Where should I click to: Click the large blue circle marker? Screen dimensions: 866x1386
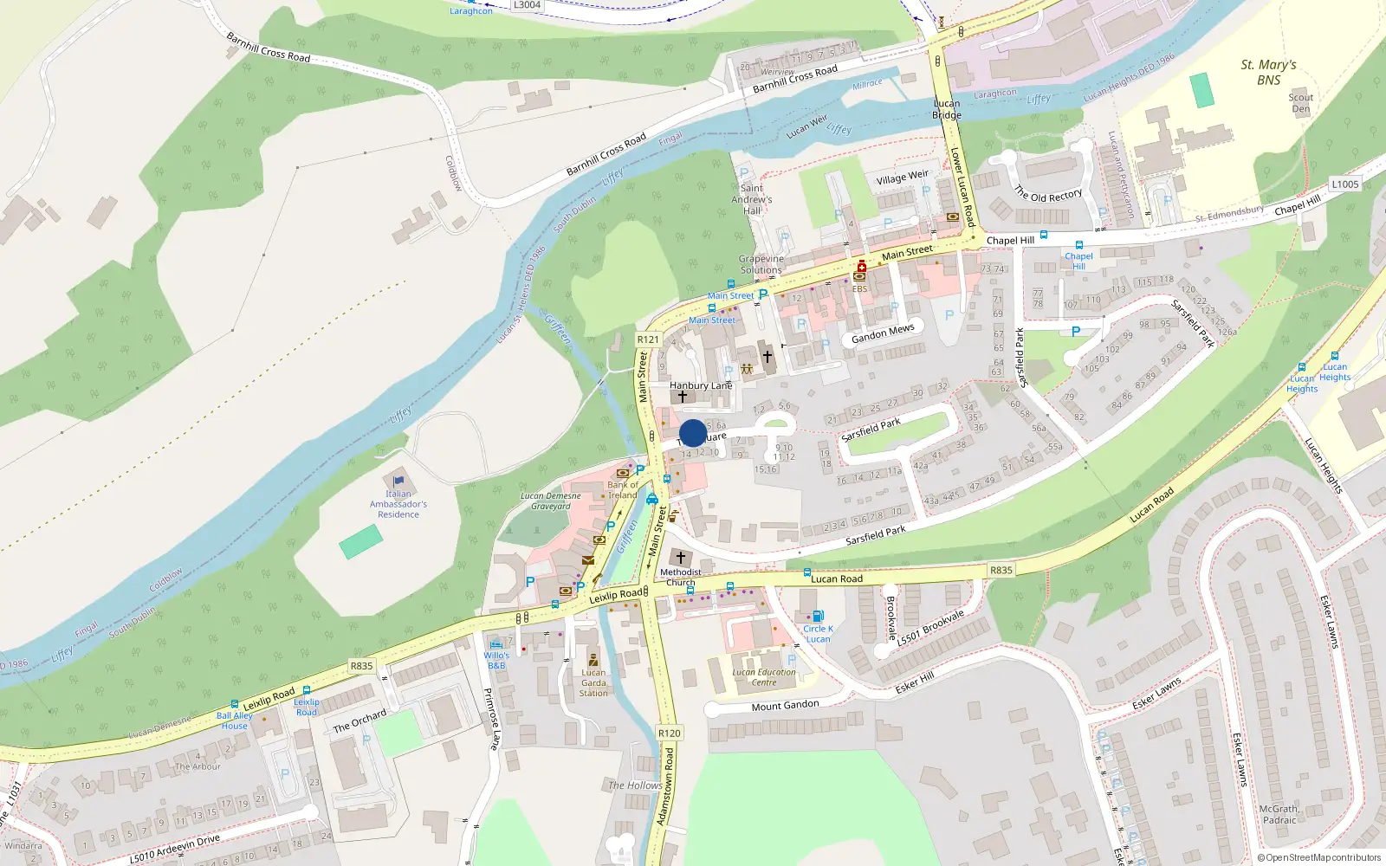point(693,433)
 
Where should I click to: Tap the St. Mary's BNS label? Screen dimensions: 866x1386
point(1268,72)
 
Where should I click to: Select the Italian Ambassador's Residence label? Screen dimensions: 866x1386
point(398,504)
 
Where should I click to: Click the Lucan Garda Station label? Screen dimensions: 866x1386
point(593,682)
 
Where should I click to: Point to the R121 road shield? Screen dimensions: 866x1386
point(648,339)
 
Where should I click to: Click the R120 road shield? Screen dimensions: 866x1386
point(670,733)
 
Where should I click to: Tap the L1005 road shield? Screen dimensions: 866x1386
point(1344,184)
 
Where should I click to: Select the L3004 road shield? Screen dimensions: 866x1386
point(527,5)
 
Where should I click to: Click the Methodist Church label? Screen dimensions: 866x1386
point(681,577)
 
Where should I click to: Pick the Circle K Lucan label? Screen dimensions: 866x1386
point(818,634)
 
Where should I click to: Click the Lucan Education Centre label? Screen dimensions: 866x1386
point(764,677)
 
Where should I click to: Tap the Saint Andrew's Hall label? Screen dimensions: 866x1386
point(752,199)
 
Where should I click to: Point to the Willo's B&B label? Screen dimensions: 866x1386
point(496,660)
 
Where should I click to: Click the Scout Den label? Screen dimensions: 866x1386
point(1300,103)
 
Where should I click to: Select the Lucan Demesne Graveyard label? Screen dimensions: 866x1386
point(551,501)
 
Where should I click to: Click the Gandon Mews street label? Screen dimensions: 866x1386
point(883,333)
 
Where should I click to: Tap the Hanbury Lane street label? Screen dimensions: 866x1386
point(701,385)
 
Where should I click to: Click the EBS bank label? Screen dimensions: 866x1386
point(859,288)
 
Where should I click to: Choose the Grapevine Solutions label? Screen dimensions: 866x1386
point(761,264)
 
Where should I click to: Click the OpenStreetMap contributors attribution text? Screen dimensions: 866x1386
point(1319,858)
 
